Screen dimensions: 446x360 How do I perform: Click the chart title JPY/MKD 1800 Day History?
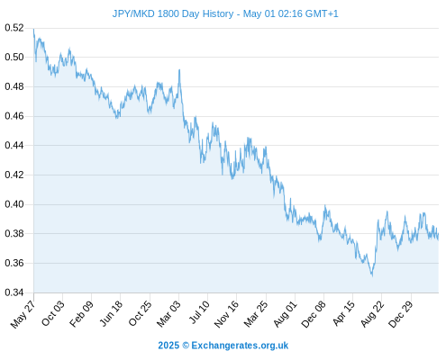pyautogui.click(x=173, y=13)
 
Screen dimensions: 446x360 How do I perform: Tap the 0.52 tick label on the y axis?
pyautogui.click(x=14, y=28)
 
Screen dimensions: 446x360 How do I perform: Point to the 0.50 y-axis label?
pyautogui.click(x=14, y=57)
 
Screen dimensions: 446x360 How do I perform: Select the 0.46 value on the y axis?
pyautogui.click(x=14, y=116)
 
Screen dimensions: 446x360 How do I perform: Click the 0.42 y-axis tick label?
pyautogui.click(x=14, y=175)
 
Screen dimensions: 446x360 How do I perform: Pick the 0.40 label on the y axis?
pyautogui.click(x=14, y=204)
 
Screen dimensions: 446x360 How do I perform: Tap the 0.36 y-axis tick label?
pyautogui.click(x=14, y=263)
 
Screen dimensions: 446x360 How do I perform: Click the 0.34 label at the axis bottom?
pyautogui.click(x=14, y=292)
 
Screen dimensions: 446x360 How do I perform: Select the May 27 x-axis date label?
pyautogui.click(x=23, y=314)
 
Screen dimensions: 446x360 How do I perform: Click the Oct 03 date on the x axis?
pyautogui.click(x=52, y=313)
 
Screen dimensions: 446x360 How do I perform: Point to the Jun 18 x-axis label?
pyautogui.click(x=111, y=313)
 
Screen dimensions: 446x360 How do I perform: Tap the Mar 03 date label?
pyautogui.click(x=168, y=313)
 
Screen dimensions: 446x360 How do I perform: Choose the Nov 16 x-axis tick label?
pyautogui.click(x=226, y=314)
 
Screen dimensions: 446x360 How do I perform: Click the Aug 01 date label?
pyautogui.click(x=285, y=314)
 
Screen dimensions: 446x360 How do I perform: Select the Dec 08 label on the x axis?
pyautogui.click(x=314, y=314)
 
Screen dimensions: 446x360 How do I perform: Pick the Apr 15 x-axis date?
pyautogui.click(x=343, y=313)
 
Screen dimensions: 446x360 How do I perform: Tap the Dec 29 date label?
pyautogui.click(x=401, y=314)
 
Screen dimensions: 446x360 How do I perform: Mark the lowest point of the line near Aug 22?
pyautogui.click(x=372, y=275)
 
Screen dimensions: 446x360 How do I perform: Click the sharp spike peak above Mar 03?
pyautogui.click(x=179, y=69)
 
